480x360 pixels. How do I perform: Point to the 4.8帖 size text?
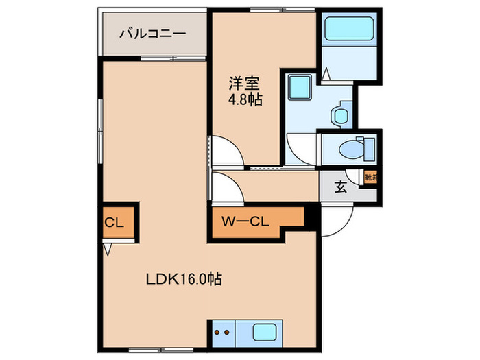click(x=245, y=100)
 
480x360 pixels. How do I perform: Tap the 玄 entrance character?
click(x=340, y=186)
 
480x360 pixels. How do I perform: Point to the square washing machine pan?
click(x=300, y=88)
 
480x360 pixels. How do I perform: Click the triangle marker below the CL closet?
click(x=106, y=250)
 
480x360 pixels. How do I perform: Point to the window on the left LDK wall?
click(x=101, y=130)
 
